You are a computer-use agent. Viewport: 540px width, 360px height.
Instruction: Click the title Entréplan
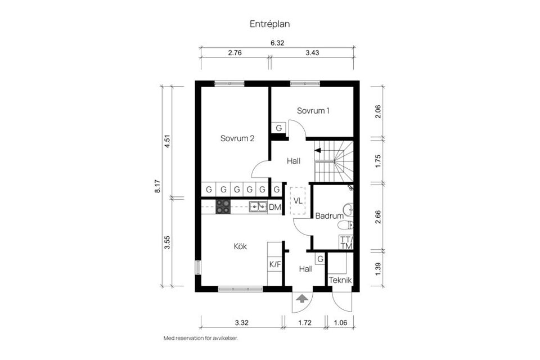click(x=269, y=24)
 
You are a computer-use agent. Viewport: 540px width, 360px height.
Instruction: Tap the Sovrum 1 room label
click(x=313, y=111)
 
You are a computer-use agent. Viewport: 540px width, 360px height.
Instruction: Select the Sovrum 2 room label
click(x=237, y=138)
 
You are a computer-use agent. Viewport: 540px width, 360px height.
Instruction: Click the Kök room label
click(x=240, y=246)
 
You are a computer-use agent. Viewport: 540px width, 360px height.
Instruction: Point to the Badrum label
click(x=329, y=215)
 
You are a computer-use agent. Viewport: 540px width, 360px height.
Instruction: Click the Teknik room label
click(x=340, y=280)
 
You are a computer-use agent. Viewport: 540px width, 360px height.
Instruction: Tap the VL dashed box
click(x=297, y=200)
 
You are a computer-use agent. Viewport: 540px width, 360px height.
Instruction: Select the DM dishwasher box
click(x=274, y=208)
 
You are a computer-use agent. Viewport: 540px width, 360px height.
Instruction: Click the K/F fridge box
click(x=274, y=264)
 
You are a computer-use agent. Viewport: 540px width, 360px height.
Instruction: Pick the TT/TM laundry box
click(x=346, y=242)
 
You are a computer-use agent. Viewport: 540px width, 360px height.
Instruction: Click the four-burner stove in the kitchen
click(x=223, y=207)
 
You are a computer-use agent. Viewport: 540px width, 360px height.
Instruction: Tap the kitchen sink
click(x=258, y=207)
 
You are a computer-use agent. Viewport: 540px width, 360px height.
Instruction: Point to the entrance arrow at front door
click(x=302, y=299)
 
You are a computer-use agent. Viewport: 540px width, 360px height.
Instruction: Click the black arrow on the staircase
click(x=318, y=150)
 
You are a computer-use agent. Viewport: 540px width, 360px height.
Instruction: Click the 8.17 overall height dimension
click(x=157, y=186)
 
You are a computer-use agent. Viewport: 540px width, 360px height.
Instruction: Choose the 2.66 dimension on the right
click(x=378, y=217)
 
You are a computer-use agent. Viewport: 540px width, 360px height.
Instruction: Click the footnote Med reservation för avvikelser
click(x=200, y=339)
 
